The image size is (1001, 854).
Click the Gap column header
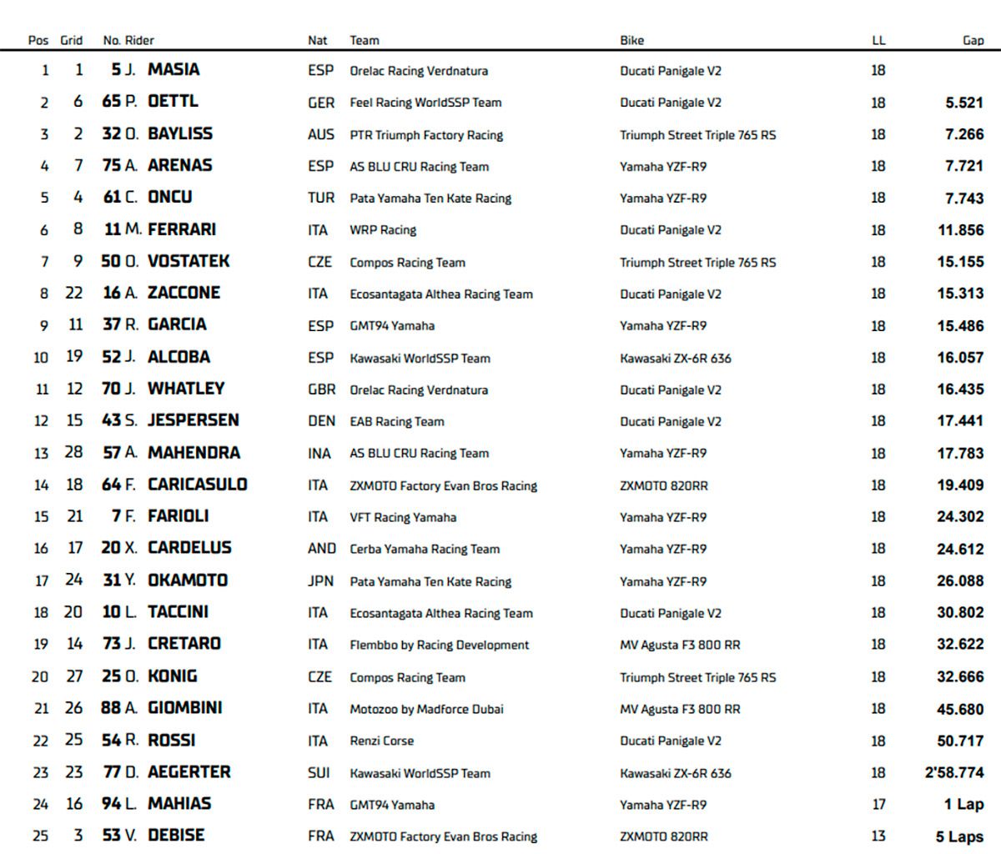(x=973, y=40)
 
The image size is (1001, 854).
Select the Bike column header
(x=631, y=40)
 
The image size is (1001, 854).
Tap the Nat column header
(x=317, y=40)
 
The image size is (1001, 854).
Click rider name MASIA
(x=174, y=70)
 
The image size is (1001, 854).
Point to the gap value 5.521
(x=964, y=103)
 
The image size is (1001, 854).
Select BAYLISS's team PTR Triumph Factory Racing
(x=426, y=135)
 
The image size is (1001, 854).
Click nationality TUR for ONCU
(x=320, y=198)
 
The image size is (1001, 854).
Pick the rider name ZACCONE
(x=184, y=294)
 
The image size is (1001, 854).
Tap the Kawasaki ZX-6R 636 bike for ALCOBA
(x=676, y=359)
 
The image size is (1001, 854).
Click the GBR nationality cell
(x=321, y=389)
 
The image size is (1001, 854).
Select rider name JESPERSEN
(x=193, y=421)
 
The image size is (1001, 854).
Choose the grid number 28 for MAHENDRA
(x=73, y=453)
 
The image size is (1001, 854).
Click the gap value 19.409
(x=960, y=485)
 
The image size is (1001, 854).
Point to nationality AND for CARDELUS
(x=321, y=549)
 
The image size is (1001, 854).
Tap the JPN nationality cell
(x=320, y=581)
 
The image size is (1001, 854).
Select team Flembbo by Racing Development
(x=439, y=645)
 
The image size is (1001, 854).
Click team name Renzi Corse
(x=381, y=741)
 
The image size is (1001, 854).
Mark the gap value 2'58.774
(x=954, y=773)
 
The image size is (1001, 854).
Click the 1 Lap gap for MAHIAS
(x=963, y=805)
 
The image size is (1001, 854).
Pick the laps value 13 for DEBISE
(x=878, y=836)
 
